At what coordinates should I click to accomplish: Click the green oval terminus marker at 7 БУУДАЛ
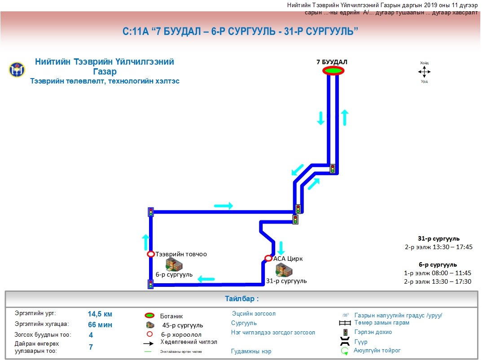click(x=333, y=70)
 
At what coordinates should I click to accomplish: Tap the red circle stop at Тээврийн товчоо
click(x=151, y=254)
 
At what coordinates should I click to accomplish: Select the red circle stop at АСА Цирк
click(x=268, y=258)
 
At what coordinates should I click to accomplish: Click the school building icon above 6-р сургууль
click(x=172, y=264)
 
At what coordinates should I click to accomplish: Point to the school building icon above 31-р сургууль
click(x=284, y=270)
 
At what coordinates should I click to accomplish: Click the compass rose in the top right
click(x=424, y=72)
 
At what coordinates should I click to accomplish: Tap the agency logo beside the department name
click(x=17, y=70)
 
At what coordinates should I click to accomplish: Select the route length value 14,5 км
click(x=100, y=314)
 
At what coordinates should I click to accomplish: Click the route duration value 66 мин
click(x=100, y=325)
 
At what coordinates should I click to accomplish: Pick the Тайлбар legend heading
click(x=241, y=299)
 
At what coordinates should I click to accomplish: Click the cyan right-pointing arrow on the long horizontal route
click(x=224, y=206)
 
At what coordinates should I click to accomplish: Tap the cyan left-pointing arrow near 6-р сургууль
click(x=206, y=279)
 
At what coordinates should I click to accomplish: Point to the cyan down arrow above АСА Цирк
click(x=281, y=248)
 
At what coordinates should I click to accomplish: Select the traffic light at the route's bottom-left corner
click(x=150, y=284)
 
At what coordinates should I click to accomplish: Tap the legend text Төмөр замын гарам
click(x=382, y=323)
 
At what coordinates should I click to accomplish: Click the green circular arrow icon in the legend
click(x=345, y=351)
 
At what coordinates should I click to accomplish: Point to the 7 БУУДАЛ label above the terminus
click(x=332, y=62)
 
